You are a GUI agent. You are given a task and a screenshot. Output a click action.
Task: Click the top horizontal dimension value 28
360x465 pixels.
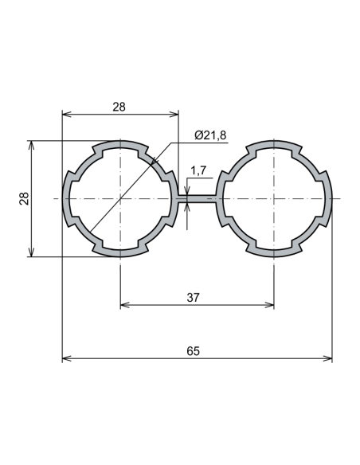[119, 105]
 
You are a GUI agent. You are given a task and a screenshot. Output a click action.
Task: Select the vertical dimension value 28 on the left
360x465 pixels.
[23, 198]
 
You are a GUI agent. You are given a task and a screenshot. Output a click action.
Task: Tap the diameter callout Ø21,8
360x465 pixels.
[210, 135]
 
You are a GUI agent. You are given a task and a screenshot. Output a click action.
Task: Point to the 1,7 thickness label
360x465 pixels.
[199, 170]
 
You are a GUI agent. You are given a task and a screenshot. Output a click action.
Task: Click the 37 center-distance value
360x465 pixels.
[193, 297]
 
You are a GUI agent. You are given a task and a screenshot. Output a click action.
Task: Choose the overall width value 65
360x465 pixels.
[193, 350]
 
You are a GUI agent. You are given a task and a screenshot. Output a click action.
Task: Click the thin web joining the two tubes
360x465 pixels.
[197, 198]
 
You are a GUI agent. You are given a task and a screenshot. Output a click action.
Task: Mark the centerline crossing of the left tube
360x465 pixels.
[119, 198]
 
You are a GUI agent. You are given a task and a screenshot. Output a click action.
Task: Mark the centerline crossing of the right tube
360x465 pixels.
[274, 198]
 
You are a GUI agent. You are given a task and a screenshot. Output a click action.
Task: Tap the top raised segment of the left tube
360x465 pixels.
[119, 143]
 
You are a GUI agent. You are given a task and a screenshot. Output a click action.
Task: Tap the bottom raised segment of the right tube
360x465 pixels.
[274, 254]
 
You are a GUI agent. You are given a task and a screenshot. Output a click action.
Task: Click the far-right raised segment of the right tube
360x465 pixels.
[329, 198]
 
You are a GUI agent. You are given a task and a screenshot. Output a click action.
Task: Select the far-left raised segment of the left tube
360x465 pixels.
[65, 198]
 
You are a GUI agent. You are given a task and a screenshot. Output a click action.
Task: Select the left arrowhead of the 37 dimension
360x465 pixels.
[123, 305]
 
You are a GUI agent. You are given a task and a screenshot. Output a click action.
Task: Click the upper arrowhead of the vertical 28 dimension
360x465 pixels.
[32, 145]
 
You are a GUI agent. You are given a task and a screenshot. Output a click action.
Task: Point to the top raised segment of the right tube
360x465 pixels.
[274, 143]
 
